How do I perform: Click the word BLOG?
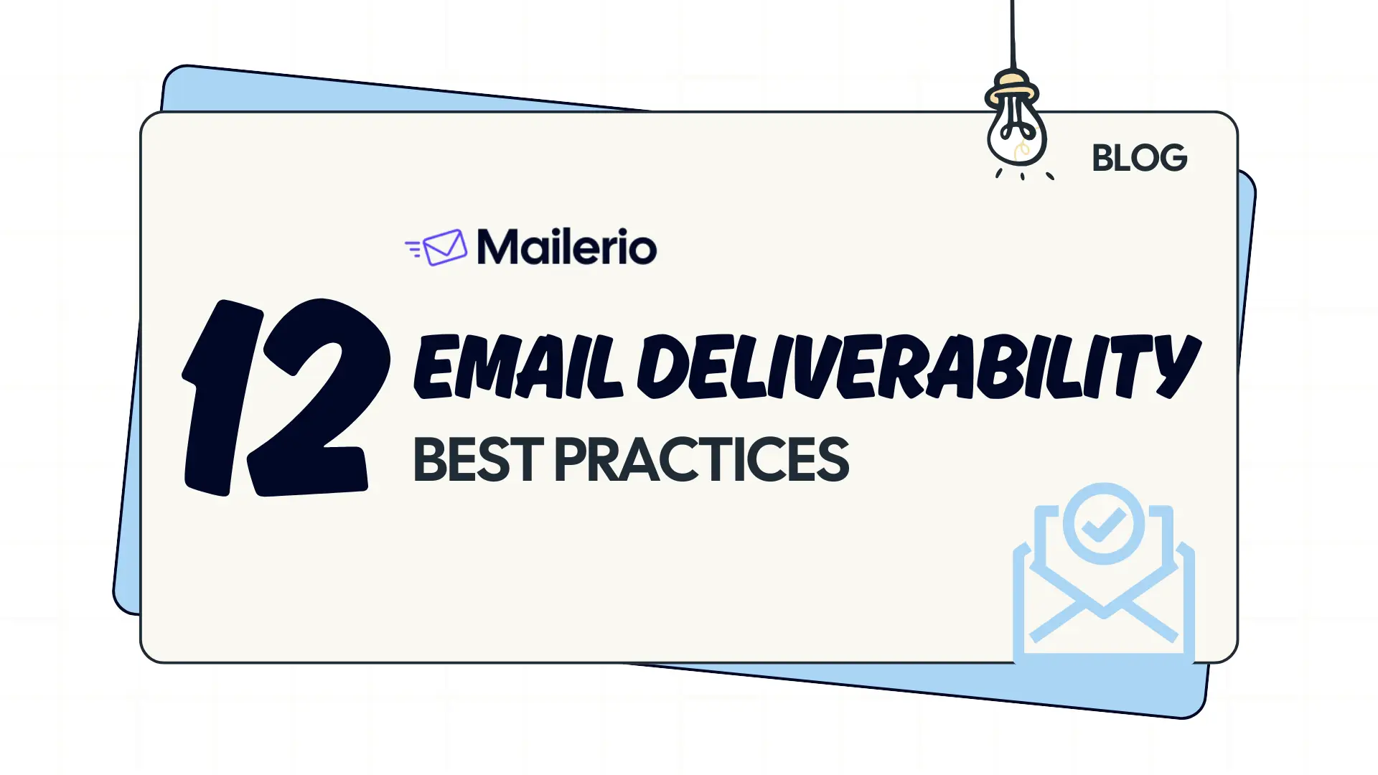1139,158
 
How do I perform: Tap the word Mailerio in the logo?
566,247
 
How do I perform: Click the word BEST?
478,460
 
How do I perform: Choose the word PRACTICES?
701,460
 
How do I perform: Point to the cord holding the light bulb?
1013,32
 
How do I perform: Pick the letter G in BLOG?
1172,158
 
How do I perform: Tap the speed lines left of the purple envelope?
413,248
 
